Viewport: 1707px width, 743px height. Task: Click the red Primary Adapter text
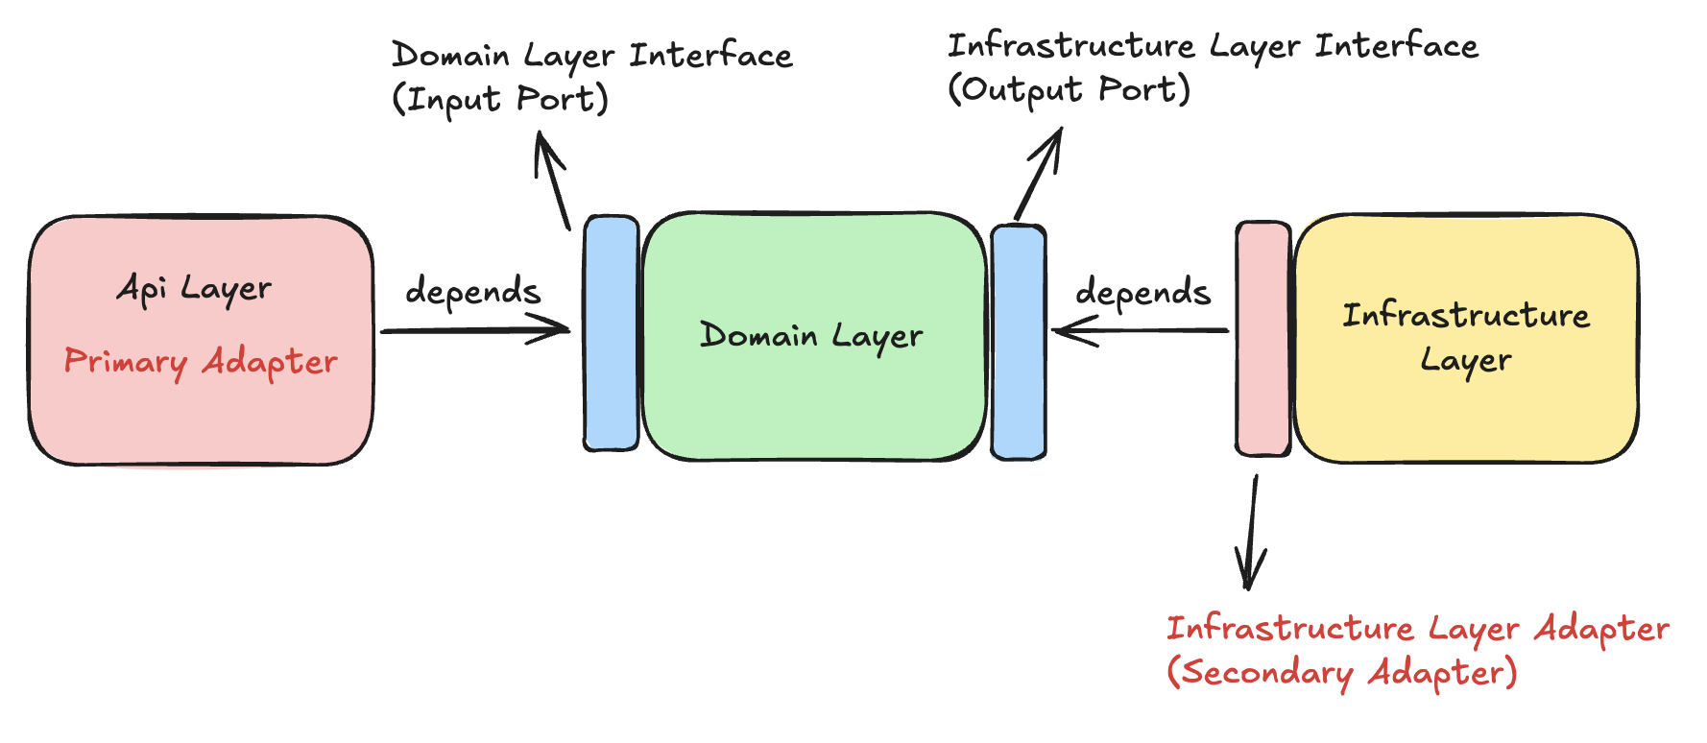(x=201, y=362)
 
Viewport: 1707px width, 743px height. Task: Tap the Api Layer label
(x=194, y=288)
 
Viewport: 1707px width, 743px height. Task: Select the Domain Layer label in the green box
(x=811, y=335)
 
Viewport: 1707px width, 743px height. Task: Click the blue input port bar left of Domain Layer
(x=612, y=333)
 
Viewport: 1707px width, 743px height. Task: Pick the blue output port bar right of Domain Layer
(x=1019, y=342)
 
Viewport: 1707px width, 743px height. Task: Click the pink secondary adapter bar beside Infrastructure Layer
(x=1263, y=339)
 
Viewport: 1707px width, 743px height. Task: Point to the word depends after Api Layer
(x=472, y=290)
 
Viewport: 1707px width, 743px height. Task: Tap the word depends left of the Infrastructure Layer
(x=1142, y=291)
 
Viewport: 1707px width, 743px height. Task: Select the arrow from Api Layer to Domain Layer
(x=475, y=331)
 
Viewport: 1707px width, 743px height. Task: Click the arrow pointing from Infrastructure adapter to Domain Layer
(x=1141, y=331)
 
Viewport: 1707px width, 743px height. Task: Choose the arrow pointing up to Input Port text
(x=553, y=181)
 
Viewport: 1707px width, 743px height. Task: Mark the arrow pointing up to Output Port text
(x=1039, y=174)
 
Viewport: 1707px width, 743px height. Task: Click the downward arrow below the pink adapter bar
(x=1251, y=532)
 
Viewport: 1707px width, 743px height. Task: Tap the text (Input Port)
(x=500, y=99)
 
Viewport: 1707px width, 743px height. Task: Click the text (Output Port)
(x=1070, y=89)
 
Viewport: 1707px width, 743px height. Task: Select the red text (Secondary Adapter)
(x=1342, y=672)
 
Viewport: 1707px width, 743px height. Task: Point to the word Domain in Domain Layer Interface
(x=451, y=55)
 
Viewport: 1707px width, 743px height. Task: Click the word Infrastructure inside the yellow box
(x=1466, y=315)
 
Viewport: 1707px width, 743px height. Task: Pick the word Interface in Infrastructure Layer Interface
(x=1397, y=45)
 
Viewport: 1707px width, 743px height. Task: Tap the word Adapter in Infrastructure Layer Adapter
(x=1601, y=629)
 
